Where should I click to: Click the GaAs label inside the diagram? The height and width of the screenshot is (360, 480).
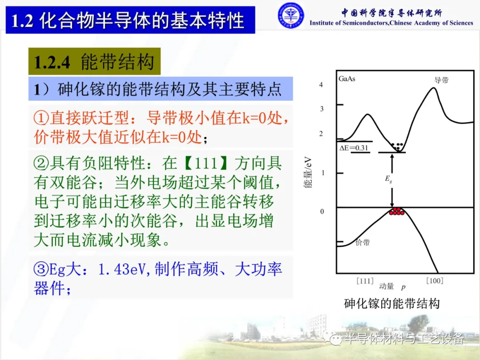347,79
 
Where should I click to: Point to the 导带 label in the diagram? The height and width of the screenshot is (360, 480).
441,80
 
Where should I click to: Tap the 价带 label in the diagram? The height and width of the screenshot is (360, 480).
363,243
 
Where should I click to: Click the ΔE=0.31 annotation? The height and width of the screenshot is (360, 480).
354,148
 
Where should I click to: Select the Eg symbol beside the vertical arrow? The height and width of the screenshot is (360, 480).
388,179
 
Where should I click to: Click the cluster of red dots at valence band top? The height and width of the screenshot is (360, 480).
396,211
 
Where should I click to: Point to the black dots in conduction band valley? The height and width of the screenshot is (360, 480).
397,146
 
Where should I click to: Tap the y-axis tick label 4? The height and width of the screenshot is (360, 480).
321,84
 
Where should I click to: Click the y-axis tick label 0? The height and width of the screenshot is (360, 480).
322,211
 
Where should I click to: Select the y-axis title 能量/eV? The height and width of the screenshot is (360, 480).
308,172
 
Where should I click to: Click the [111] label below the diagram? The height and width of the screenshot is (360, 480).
365,281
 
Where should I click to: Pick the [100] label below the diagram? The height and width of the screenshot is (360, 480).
435,280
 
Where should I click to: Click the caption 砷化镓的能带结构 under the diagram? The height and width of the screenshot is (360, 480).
392,304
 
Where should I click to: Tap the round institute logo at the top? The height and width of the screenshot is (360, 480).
291,16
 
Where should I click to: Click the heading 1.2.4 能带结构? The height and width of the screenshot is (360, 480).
94,61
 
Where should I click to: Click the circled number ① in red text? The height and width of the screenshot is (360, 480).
41,118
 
